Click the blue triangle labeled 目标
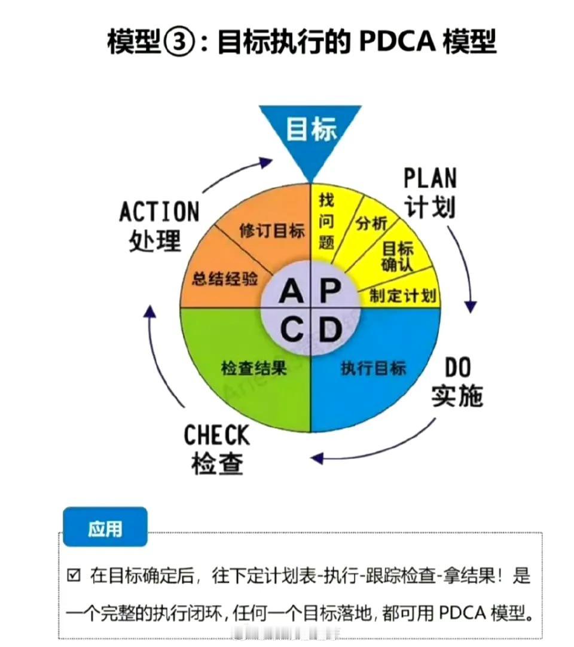310,136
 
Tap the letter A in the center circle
291,291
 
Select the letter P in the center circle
331,290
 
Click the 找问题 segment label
326,221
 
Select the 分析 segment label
371,223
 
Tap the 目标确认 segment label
397,257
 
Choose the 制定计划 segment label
403,295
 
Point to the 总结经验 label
225,279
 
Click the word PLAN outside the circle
430,178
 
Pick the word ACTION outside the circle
159,212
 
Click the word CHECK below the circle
216,435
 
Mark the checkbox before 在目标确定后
74,575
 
